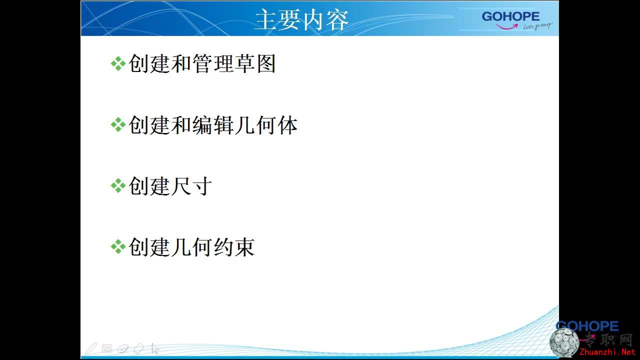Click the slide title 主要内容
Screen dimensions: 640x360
tap(301, 19)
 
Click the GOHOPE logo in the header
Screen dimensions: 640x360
tap(510, 16)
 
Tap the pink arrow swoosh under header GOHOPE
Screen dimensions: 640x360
tap(507, 26)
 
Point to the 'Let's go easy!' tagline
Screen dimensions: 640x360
tap(537, 26)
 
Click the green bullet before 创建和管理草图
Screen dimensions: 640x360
tap(118, 63)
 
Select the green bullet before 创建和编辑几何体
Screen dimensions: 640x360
tap(118, 125)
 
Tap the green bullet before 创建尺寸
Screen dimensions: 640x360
tap(118, 186)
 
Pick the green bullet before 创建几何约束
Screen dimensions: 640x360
tap(118, 247)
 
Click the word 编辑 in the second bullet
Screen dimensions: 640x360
tap(212, 125)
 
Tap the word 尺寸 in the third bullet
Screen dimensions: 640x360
tap(191, 186)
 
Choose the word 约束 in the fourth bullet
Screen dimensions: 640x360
tap(234, 247)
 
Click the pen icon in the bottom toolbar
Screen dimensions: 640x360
tap(91, 348)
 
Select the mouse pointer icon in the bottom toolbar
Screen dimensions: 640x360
tap(155, 349)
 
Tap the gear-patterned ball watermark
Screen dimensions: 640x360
tap(564, 343)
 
